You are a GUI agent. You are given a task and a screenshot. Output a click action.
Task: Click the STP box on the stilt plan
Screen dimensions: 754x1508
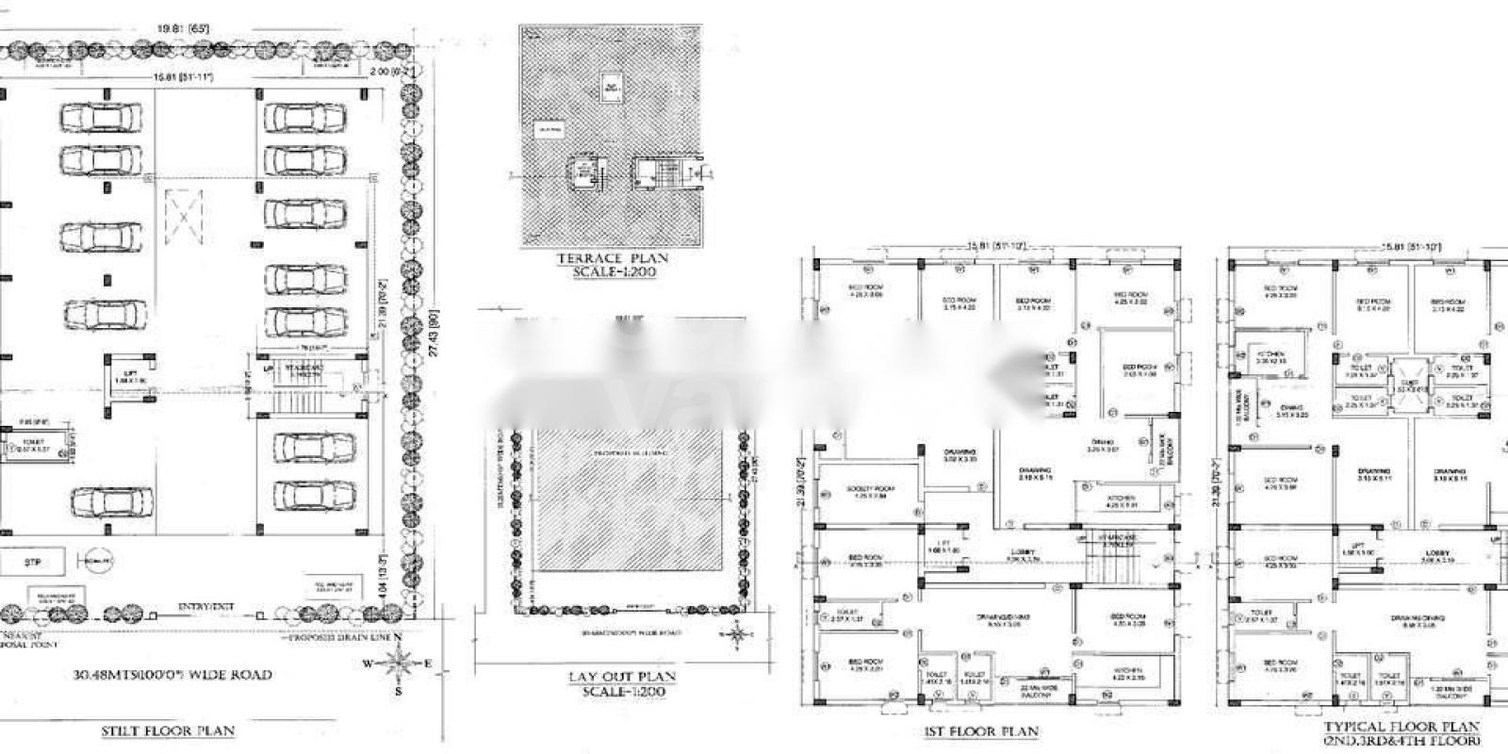(31, 563)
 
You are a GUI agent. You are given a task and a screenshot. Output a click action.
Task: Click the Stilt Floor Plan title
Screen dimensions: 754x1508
(168, 730)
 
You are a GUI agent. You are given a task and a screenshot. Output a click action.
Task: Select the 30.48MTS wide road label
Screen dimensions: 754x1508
(172, 675)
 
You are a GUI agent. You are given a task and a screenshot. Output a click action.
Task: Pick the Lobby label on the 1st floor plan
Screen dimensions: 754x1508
(1024, 553)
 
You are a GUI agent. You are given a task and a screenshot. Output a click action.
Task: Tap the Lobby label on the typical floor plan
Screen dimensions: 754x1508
(1436, 553)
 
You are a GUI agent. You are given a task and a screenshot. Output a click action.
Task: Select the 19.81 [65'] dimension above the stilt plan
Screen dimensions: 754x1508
(185, 29)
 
